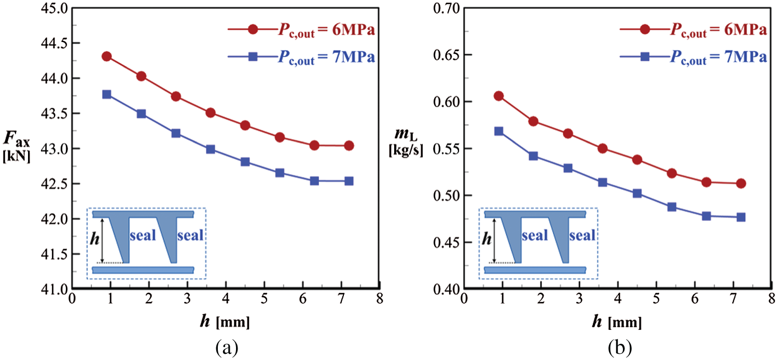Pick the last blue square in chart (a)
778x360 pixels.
349,181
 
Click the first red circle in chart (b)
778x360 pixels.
499,96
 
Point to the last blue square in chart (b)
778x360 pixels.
741,217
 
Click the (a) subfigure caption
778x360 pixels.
227,346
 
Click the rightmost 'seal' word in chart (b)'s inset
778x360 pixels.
582,236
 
